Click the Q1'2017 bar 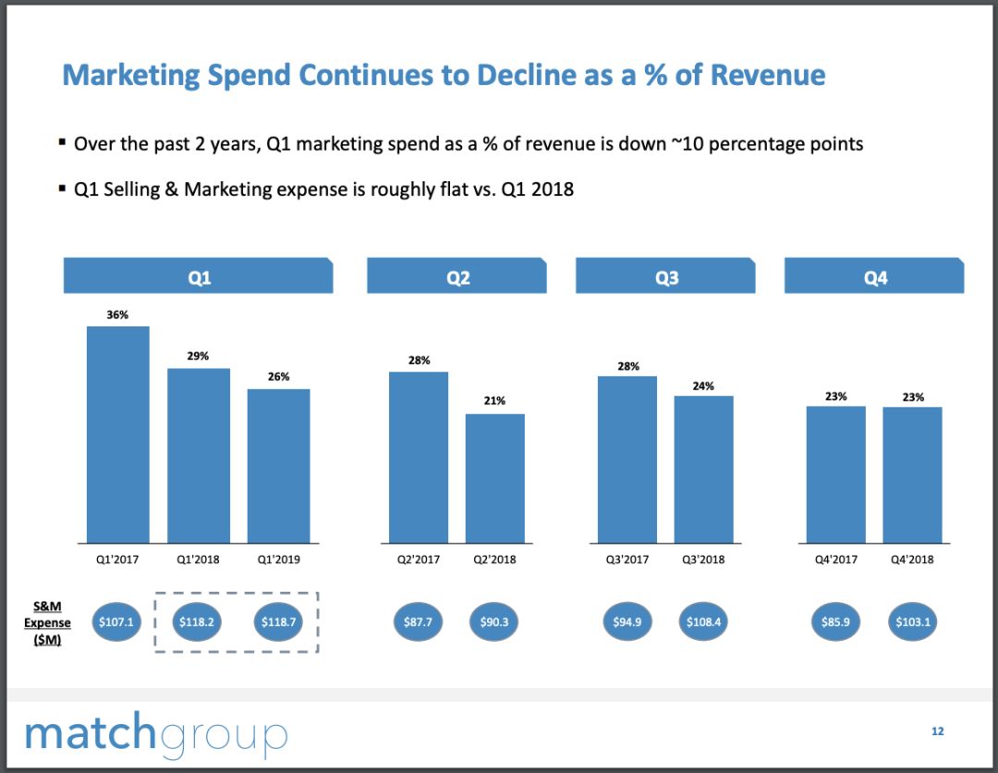click(x=117, y=435)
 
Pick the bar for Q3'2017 click(x=627, y=459)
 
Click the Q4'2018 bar click(x=912, y=474)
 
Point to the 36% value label click(x=117, y=314)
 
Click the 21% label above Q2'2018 click(x=494, y=401)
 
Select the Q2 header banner click(x=457, y=277)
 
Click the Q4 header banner click(x=874, y=277)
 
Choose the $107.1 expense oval click(x=117, y=622)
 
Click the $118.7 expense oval click(x=278, y=622)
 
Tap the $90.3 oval click(x=494, y=622)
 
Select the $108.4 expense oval click(x=703, y=622)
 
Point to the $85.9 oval click(x=835, y=622)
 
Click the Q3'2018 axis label click(x=703, y=559)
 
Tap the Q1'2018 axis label click(x=198, y=559)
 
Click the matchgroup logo click(x=156, y=733)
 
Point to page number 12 click(x=937, y=731)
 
